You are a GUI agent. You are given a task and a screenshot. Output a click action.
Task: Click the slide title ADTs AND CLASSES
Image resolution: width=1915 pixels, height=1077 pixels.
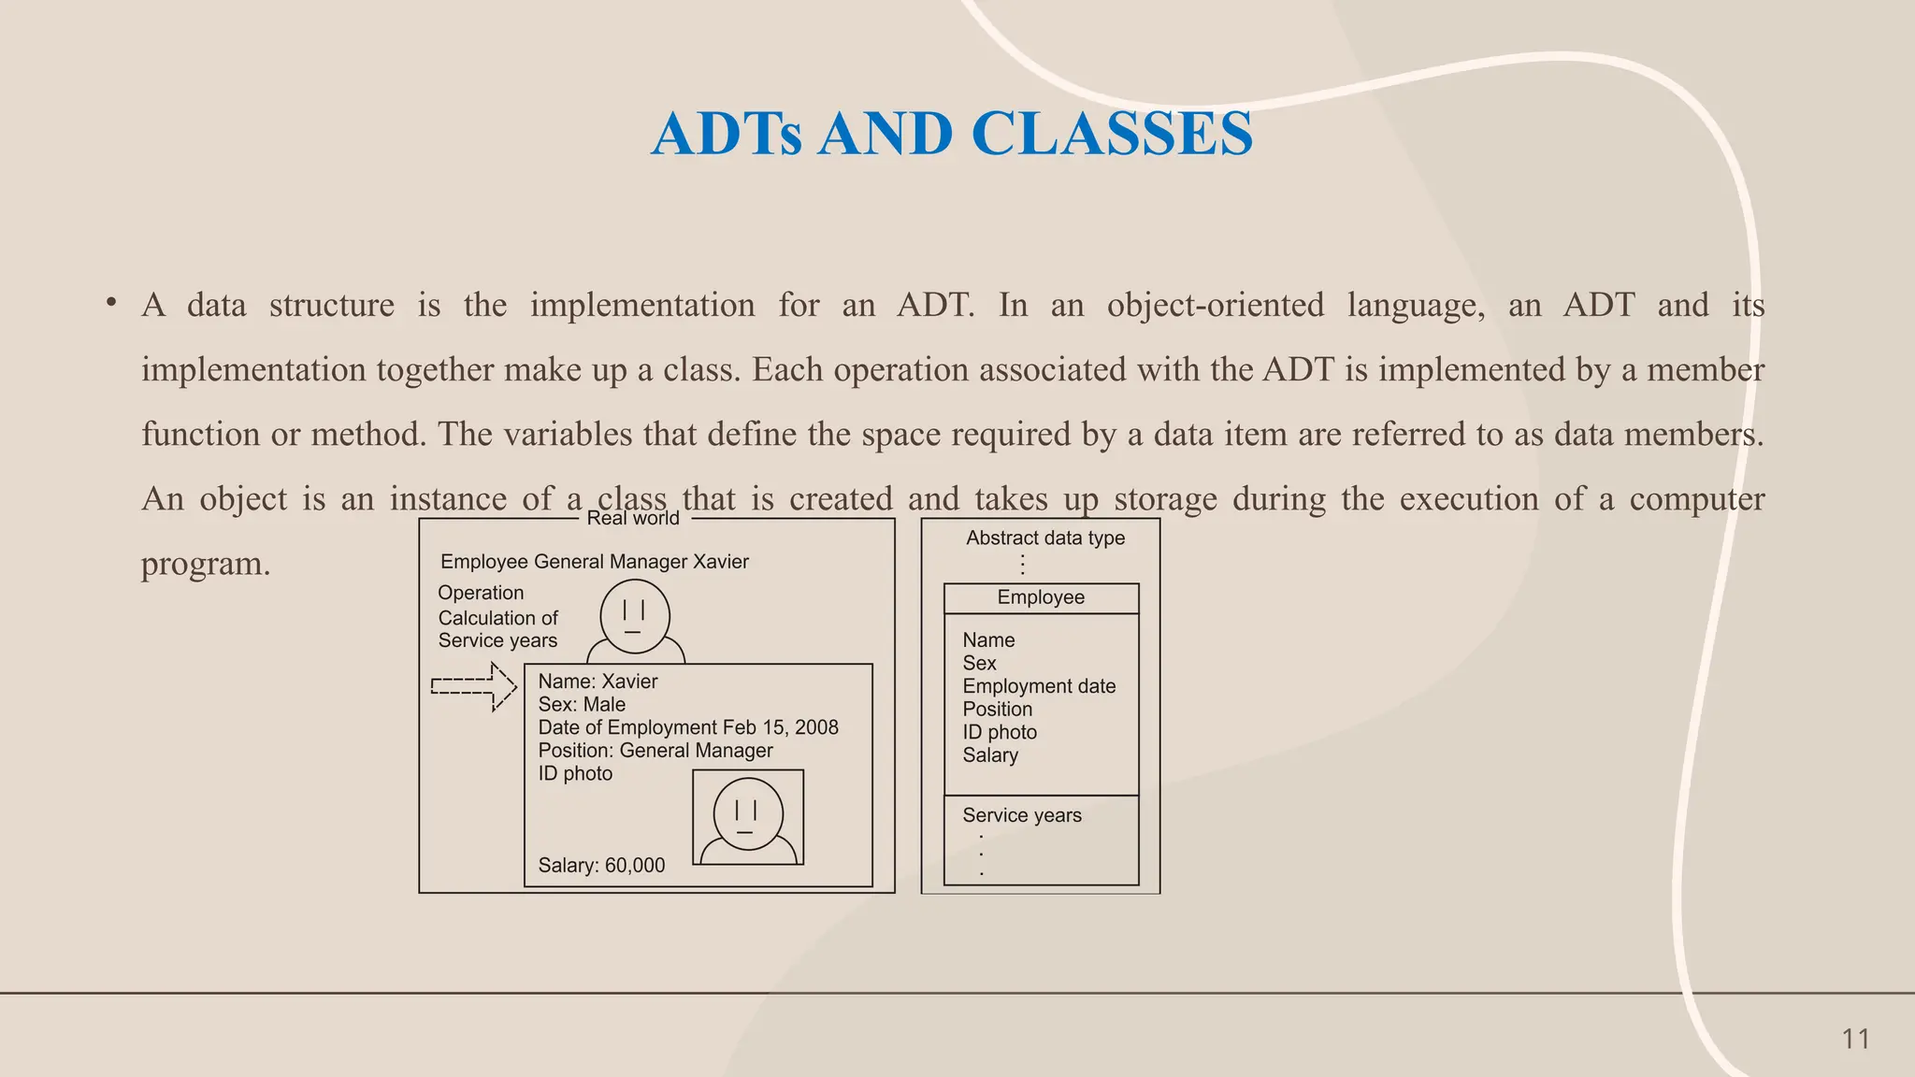[951, 134]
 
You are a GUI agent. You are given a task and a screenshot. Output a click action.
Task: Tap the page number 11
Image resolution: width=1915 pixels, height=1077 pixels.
[1855, 1039]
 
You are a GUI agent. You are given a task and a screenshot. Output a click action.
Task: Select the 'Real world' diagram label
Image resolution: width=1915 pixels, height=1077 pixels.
[633, 519]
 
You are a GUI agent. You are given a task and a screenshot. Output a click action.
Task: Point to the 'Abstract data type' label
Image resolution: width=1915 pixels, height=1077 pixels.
[1044, 538]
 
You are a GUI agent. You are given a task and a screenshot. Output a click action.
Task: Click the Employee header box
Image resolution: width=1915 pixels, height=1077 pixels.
[1041, 598]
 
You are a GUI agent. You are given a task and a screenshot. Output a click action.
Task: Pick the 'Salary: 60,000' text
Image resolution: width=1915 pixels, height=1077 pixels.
[601, 866]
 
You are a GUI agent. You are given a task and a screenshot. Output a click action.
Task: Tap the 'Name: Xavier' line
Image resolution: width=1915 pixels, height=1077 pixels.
[598, 682]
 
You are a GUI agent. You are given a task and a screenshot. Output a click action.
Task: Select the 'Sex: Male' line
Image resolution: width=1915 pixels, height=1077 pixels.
[582, 705]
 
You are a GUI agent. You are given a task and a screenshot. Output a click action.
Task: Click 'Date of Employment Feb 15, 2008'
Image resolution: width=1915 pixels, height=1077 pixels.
[688, 727]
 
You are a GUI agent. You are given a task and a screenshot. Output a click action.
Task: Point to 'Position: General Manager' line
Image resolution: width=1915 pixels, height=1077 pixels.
[655, 751]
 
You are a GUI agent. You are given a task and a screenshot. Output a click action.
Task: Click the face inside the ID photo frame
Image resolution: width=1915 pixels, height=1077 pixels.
[747, 813]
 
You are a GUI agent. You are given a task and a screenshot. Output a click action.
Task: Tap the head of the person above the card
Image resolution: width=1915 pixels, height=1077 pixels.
[634, 616]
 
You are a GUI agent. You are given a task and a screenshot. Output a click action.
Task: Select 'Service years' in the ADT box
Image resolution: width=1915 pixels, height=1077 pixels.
[1022, 815]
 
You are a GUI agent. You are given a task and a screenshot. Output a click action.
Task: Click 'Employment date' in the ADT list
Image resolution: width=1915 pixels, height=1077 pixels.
[1039, 686]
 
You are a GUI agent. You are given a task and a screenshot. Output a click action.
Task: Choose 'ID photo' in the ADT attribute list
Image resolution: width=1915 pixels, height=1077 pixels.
[1000, 732]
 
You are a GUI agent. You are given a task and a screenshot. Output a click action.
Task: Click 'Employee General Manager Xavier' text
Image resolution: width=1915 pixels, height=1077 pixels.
[595, 562]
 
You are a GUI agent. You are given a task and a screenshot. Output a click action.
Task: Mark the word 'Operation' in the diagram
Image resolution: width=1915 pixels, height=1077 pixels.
[481, 593]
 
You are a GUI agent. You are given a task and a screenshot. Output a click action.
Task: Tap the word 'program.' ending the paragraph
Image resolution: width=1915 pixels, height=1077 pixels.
[206, 564]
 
